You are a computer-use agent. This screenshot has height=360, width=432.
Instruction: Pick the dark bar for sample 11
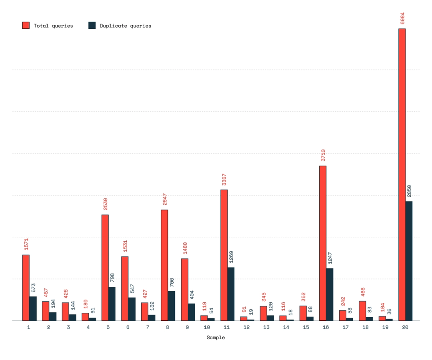[x=231, y=294]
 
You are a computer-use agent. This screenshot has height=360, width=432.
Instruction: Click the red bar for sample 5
[x=105, y=268]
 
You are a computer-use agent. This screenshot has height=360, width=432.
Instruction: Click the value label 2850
[x=409, y=191]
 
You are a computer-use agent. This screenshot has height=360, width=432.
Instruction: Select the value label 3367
[x=224, y=180]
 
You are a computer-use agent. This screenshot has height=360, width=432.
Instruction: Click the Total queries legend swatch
[x=26, y=26]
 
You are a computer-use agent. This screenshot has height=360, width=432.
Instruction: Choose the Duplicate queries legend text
[x=126, y=26]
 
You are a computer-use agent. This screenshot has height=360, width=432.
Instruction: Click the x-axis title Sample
[x=216, y=338]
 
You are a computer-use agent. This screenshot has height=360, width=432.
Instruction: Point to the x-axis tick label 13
[x=266, y=327]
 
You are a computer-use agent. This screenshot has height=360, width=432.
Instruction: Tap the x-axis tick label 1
[x=29, y=327]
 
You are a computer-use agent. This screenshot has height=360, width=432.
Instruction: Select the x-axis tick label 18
[x=365, y=327]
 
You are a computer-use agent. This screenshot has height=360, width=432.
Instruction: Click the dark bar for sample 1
[x=33, y=308]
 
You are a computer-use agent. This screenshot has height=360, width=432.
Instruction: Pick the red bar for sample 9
[x=184, y=290]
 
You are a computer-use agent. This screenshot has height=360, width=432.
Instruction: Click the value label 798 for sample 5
[x=112, y=278]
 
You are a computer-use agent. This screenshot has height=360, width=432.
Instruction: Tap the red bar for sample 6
[x=125, y=288]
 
